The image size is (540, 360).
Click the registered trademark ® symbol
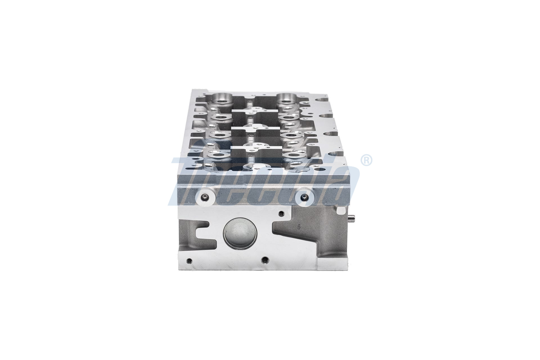coord(366,160)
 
